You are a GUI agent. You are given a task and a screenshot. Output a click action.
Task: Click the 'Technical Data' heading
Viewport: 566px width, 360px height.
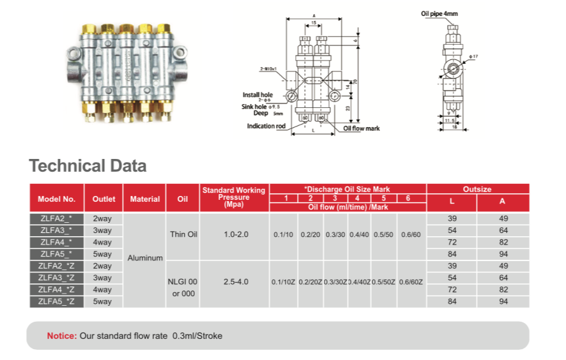click(x=88, y=167)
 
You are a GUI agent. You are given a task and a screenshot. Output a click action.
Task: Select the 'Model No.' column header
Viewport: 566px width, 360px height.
click(x=56, y=199)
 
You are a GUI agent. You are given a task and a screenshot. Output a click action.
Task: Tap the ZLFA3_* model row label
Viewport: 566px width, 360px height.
click(x=56, y=230)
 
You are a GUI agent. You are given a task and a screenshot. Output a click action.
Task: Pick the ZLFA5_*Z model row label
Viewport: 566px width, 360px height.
click(x=56, y=301)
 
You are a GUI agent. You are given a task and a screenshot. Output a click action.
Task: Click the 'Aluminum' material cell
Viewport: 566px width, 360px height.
click(x=145, y=259)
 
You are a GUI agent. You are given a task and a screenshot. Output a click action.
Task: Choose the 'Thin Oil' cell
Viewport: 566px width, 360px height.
click(x=183, y=234)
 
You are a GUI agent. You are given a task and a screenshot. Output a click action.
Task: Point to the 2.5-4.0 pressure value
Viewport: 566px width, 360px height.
click(x=233, y=281)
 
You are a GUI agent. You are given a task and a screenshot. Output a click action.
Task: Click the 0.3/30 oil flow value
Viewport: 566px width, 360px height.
click(x=336, y=234)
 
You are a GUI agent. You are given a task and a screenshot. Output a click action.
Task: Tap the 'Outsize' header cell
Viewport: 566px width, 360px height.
click(x=477, y=189)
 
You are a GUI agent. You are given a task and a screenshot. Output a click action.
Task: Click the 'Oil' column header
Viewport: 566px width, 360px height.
click(x=183, y=199)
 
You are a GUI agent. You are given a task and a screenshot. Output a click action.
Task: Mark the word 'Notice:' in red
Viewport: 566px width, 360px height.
click(x=61, y=336)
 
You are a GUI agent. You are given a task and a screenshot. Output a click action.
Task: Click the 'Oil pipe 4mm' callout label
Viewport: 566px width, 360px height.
click(x=439, y=13)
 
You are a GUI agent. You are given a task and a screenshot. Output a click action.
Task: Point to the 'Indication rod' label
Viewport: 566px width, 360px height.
click(x=266, y=126)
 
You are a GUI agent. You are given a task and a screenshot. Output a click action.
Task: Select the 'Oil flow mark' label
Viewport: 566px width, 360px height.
click(x=362, y=128)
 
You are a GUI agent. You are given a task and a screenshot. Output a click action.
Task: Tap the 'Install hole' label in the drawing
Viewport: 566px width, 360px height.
click(x=257, y=94)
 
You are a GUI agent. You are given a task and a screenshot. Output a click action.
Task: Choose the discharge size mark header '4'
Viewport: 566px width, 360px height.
click(x=358, y=198)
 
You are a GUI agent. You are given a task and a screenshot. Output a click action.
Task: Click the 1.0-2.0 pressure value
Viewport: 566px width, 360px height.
click(x=233, y=234)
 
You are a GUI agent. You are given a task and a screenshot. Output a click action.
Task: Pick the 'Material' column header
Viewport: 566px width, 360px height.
click(x=145, y=199)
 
